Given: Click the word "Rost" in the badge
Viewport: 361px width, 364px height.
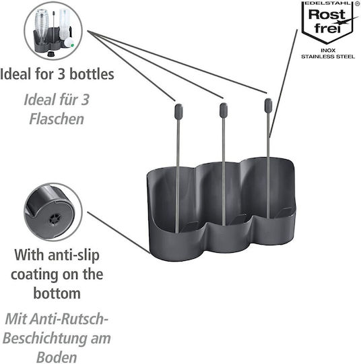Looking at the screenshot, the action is pyautogui.click(x=327, y=15).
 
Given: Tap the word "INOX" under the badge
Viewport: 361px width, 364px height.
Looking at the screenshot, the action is pyautogui.click(x=328, y=51).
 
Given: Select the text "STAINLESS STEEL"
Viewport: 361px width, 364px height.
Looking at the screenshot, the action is pyautogui.click(x=328, y=57).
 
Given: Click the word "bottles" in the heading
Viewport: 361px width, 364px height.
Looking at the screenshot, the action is pyautogui.click(x=92, y=74).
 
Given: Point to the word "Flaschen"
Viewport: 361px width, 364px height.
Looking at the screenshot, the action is pyautogui.click(x=57, y=119).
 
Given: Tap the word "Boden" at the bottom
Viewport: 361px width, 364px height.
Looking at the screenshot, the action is pyautogui.click(x=57, y=357).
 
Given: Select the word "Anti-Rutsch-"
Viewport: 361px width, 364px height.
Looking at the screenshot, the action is pyautogui.click(x=69, y=319).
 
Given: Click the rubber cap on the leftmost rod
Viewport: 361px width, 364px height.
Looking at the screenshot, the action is pyautogui.click(x=178, y=111).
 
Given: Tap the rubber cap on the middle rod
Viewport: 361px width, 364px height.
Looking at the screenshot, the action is pyautogui.click(x=224, y=110).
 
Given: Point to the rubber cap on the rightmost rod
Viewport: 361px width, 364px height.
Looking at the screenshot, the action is pyautogui.click(x=269, y=105).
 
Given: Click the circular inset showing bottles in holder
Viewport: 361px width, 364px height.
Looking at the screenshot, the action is pyautogui.click(x=53, y=30).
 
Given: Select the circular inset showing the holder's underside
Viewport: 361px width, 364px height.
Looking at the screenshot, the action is pyautogui.click(x=53, y=212).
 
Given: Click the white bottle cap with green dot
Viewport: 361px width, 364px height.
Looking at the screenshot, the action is pyautogui.click(x=69, y=43).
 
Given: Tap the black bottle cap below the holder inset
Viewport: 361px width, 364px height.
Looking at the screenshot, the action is pyautogui.click(x=51, y=54).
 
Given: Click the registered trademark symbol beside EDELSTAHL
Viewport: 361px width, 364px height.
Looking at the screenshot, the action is pyautogui.click(x=357, y=3).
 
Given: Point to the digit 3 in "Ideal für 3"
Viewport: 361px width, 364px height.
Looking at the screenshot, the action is pyautogui.click(x=86, y=100).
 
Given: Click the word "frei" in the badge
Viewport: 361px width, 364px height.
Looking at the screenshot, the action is pyautogui.click(x=327, y=28).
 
